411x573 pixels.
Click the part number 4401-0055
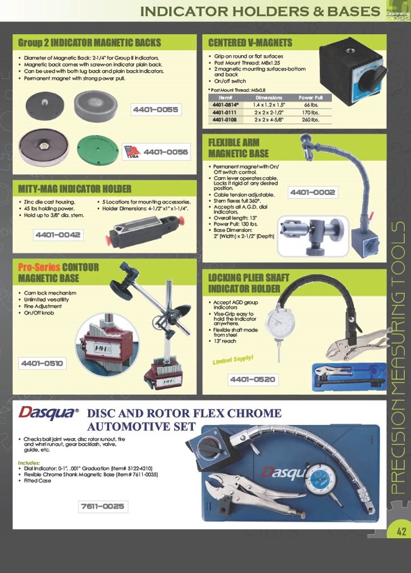(x=155, y=109)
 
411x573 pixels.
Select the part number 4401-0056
(x=166, y=152)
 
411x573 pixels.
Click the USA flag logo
(x=132, y=153)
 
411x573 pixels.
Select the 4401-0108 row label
(x=225, y=120)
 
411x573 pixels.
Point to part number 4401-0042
(x=58, y=235)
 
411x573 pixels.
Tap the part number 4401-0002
(x=313, y=193)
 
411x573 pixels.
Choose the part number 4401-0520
(x=253, y=379)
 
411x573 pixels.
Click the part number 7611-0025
(x=103, y=506)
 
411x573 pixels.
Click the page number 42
(x=401, y=532)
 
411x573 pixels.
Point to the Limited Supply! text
(x=233, y=361)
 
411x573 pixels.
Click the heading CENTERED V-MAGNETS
(x=250, y=42)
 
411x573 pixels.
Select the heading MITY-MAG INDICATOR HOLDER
(x=75, y=189)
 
